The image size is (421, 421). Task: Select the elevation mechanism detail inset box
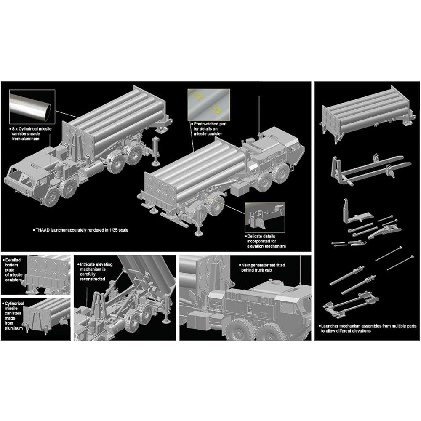coord(265,216)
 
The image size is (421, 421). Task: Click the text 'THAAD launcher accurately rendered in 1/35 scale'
coord(87,230)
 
